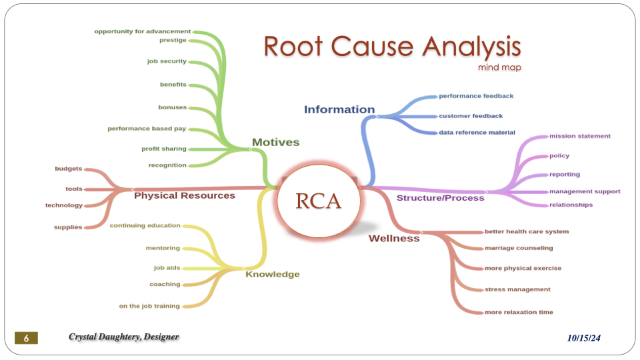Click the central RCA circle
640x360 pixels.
pos(318,200)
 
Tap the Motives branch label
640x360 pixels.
pos(275,142)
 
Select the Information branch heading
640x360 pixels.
pos(339,109)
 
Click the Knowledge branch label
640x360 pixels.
pos(272,274)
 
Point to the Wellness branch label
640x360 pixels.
pos(394,238)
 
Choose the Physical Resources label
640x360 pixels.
pos(185,195)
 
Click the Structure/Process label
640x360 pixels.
pos(440,198)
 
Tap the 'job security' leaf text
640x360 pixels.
pos(167,61)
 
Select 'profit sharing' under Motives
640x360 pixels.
pos(164,149)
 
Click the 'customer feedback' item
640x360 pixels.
pos(471,116)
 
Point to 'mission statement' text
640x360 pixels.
pos(579,136)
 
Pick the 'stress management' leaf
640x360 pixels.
pos(517,289)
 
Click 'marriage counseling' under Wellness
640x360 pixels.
pos(519,248)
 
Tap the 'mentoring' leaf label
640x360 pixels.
pos(163,248)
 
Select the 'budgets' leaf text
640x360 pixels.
pos(69,169)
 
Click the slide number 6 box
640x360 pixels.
pos(27,338)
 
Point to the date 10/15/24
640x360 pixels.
pos(584,339)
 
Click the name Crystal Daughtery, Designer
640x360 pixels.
pos(124,337)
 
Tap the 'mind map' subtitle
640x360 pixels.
pos(499,67)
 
